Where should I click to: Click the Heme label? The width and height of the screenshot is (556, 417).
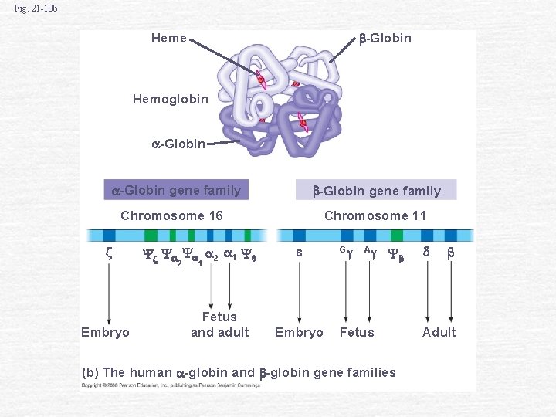coord(168,38)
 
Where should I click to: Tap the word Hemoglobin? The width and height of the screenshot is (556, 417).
coord(170,99)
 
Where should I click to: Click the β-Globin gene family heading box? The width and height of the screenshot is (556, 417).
coord(376,191)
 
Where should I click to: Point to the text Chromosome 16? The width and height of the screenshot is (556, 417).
coord(171,215)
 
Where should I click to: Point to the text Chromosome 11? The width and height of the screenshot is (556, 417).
coord(375,215)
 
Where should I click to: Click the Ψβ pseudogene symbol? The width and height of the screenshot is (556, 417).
coord(395,253)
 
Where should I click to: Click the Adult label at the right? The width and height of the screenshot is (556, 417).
coord(439,332)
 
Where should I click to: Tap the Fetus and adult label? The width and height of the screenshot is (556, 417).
coord(219,324)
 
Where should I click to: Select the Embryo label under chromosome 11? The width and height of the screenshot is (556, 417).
coord(299,332)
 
